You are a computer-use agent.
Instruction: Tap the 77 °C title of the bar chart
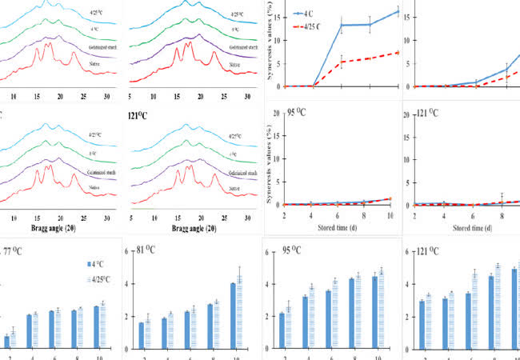point(17,252)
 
